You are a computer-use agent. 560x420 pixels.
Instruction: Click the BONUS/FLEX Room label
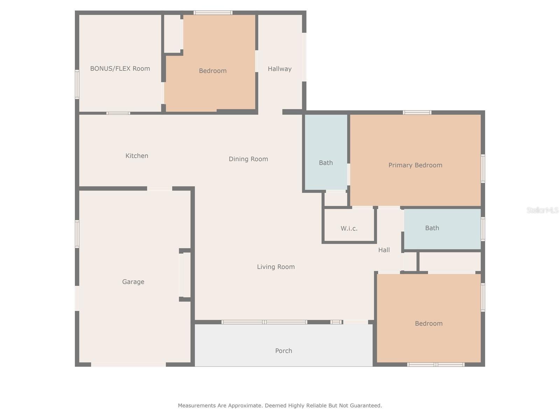[x=120, y=69]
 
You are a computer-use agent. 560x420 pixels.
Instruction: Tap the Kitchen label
[x=137, y=156]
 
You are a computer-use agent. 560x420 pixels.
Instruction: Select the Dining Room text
[x=248, y=159]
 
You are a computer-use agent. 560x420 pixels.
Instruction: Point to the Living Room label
[x=276, y=267]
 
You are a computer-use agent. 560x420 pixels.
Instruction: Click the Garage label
[x=133, y=282]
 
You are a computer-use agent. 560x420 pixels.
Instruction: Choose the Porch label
[x=283, y=351]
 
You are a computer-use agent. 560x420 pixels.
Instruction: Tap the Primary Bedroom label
[x=415, y=165]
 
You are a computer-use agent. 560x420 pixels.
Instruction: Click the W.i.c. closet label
[x=349, y=229]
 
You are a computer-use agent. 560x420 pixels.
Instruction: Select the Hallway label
[x=279, y=69]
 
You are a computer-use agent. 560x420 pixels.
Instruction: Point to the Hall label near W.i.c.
[x=384, y=250]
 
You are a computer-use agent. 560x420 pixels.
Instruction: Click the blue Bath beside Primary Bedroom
[x=325, y=163]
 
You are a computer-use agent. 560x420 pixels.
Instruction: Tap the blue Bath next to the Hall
[x=432, y=228]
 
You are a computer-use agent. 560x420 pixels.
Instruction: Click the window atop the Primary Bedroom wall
[x=416, y=112]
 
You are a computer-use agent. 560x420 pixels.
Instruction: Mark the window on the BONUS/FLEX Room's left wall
[x=77, y=84]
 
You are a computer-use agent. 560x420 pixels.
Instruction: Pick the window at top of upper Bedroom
[x=213, y=13]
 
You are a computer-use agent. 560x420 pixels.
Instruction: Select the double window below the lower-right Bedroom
[x=436, y=364]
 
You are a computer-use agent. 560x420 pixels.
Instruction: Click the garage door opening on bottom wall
[x=128, y=364]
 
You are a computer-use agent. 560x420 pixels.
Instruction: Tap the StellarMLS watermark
[x=542, y=210]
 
